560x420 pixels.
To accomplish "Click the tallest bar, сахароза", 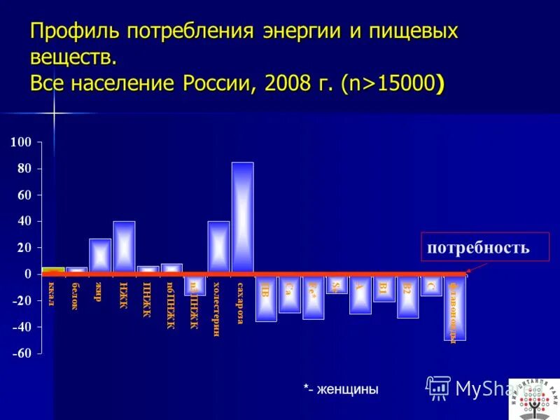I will [x=242, y=217].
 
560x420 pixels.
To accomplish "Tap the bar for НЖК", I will [x=124, y=246].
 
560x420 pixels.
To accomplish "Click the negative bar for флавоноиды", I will [x=455, y=308].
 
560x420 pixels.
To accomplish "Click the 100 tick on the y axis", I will [x=21, y=143].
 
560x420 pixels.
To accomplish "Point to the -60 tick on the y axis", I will [x=21, y=353].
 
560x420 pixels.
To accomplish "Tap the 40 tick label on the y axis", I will [x=24, y=221].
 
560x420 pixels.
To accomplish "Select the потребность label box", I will [x=479, y=247].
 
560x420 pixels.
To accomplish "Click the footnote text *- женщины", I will [x=341, y=389].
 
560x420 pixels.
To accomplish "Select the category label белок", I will [x=76, y=295].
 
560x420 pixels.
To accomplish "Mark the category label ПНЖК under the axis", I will [x=147, y=299].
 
